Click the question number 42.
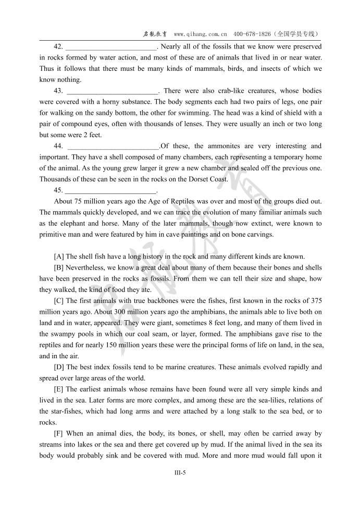pos(58,46)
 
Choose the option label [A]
pos(59,257)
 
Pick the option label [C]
pos(59,301)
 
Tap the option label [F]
pos(59,433)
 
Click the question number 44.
pos(58,146)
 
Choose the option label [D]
pos(59,367)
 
